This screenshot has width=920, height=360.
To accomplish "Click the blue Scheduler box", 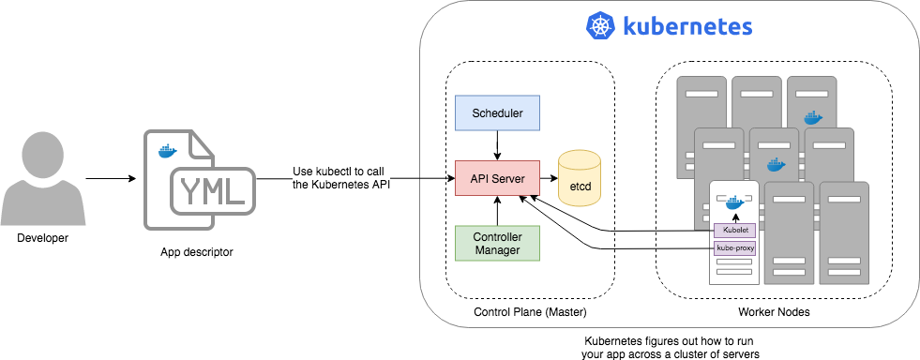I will click(x=496, y=112).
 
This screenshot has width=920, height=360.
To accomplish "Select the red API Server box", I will click(x=496, y=178).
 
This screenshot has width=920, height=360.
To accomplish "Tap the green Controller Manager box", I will click(x=496, y=243).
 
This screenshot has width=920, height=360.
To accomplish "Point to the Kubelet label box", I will click(x=734, y=230).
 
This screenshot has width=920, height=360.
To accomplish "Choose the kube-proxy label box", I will click(x=734, y=248).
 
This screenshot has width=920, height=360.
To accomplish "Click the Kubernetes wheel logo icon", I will click(x=599, y=26).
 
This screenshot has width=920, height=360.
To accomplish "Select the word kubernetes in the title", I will click(x=686, y=26).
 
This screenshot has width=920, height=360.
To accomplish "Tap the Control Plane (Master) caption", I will click(x=530, y=311).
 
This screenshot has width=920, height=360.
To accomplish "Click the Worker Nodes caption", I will click(x=774, y=311).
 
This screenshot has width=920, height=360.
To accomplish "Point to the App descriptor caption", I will click(x=196, y=253).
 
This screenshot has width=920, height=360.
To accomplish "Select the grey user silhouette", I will click(x=42, y=178).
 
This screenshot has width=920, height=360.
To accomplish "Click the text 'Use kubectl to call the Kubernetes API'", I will click(x=342, y=177).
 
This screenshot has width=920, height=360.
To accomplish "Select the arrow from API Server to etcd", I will click(x=548, y=178).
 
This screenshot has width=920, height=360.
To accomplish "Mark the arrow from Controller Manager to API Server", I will click(x=496, y=211).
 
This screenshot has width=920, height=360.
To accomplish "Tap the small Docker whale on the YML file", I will click(x=167, y=151).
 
